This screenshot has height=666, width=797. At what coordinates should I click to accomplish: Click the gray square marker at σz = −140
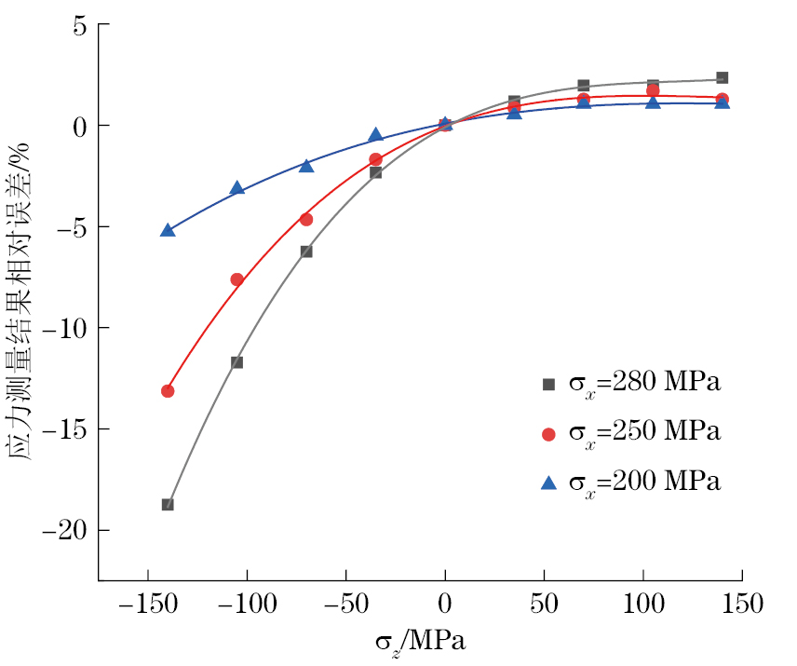pyautogui.click(x=168, y=505)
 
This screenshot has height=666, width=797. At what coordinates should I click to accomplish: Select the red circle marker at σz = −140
pyautogui.click(x=168, y=391)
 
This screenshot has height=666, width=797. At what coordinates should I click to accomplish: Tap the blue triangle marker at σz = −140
pyautogui.click(x=168, y=230)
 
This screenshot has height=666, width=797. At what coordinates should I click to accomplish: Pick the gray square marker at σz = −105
pyautogui.click(x=236, y=362)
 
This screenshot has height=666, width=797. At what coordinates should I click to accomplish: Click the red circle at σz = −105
pyautogui.click(x=236, y=279)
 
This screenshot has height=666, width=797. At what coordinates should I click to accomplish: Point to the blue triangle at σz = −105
pyautogui.click(x=236, y=188)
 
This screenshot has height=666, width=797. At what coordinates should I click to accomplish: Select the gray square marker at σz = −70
pyautogui.click(x=306, y=251)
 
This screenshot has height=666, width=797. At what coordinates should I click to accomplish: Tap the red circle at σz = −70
pyautogui.click(x=306, y=220)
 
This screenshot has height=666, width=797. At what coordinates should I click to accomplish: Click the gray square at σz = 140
pyautogui.click(x=722, y=78)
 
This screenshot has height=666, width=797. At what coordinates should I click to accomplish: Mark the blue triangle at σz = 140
pyautogui.click(x=722, y=102)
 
